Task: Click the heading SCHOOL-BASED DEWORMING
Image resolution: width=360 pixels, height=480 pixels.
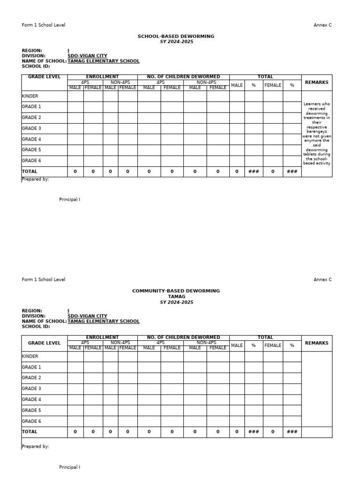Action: tap(176, 36)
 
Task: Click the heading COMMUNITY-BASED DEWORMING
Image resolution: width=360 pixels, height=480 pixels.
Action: tap(176, 291)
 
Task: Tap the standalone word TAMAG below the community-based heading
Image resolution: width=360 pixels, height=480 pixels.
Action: tap(176, 297)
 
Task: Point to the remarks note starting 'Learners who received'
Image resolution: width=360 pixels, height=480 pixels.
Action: tap(317, 134)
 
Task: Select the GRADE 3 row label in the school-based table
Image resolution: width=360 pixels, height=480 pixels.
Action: tap(31, 128)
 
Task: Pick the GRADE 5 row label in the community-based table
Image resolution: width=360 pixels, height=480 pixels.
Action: tap(31, 411)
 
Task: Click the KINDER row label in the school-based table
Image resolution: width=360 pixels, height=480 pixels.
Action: tap(30, 96)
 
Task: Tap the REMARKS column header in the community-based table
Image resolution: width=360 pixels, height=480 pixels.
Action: tap(316, 343)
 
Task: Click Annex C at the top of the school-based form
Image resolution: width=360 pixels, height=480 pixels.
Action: tap(322, 25)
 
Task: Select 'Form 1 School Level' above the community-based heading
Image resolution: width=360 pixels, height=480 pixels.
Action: tap(44, 280)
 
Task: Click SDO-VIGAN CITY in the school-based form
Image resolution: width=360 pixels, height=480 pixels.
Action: tap(87, 56)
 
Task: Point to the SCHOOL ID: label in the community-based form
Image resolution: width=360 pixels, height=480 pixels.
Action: tap(36, 327)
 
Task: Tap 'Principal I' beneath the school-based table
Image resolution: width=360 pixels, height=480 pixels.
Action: tap(69, 200)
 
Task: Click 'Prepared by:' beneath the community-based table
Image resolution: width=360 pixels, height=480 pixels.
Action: tap(36, 447)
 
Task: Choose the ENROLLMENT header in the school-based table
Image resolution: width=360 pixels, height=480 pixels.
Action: tap(102, 77)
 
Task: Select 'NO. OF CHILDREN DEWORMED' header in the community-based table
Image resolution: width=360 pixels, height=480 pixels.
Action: tap(183, 337)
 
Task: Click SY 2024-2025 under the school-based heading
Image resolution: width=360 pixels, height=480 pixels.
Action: tap(176, 42)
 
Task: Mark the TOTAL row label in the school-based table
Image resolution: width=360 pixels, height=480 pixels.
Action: tap(30, 172)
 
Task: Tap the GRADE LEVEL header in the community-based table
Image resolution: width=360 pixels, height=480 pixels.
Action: tap(45, 343)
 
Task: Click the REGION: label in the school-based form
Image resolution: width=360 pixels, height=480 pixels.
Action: tap(32, 51)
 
